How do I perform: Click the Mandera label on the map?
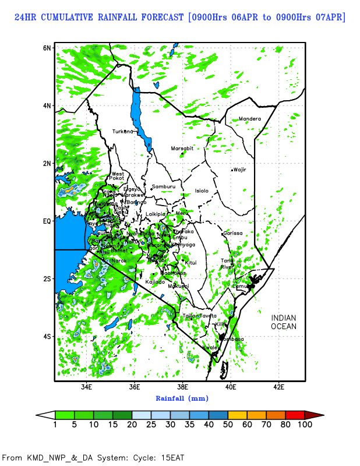(x=250, y=119)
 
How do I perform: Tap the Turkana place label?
(x=123, y=131)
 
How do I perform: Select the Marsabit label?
(x=182, y=149)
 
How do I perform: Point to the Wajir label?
(x=240, y=170)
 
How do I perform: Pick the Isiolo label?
(x=202, y=190)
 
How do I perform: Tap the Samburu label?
(x=163, y=186)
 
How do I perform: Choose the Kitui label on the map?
(x=191, y=263)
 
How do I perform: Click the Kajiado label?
(x=155, y=282)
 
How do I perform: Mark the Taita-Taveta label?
(x=199, y=315)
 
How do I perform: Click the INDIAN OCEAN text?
(x=284, y=322)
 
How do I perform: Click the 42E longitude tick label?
(x=278, y=386)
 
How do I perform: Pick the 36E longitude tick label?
(x=135, y=386)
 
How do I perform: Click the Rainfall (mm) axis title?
(x=182, y=398)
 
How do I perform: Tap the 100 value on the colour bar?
(x=305, y=425)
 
